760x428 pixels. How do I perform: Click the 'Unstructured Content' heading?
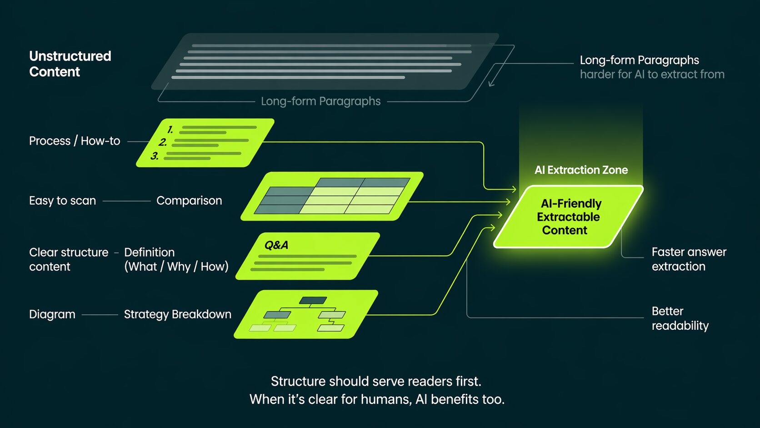(70, 64)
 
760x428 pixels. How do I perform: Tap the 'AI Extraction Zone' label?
(581, 170)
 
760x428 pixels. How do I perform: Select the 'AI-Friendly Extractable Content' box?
(568, 217)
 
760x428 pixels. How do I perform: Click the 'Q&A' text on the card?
(276, 245)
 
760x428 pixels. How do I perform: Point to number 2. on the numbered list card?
(163, 142)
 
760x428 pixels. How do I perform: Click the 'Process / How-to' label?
(75, 141)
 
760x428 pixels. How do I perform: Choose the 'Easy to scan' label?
(62, 201)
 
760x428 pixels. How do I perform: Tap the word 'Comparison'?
(189, 201)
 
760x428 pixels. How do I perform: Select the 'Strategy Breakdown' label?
(177, 314)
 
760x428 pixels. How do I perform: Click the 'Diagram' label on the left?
(52, 314)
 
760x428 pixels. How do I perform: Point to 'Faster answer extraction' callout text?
(688, 259)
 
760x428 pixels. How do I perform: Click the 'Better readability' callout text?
(680, 318)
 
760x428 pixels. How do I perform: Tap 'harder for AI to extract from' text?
(652, 74)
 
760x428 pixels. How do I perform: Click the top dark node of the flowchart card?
(313, 300)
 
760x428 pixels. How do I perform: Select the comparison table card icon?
(332, 196)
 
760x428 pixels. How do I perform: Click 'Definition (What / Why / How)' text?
(176, 259)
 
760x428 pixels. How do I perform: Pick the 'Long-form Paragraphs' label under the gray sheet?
(320, 101)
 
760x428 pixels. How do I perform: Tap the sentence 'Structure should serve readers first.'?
(376, 381)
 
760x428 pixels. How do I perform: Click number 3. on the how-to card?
(155, 156)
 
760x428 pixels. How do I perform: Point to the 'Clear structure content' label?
(68, 259)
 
